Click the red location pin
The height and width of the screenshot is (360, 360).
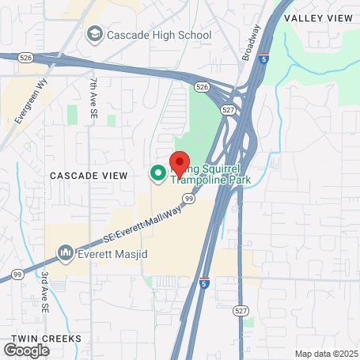(x=180, y=164)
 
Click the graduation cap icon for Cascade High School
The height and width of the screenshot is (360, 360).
(x=96, y=34)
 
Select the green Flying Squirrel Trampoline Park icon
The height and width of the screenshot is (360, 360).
(x=157, y=172)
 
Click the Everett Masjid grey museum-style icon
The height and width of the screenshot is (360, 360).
(x=65, y=253)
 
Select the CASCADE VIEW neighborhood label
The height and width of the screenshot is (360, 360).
(x=85, y=174)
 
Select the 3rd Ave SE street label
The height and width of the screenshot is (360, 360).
(x=46, y=291)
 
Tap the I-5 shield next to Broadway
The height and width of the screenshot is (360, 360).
(x=263, y=59)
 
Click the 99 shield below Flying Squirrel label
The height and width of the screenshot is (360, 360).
(x=189, y=199)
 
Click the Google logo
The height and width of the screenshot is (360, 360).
(x=27, y=350)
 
